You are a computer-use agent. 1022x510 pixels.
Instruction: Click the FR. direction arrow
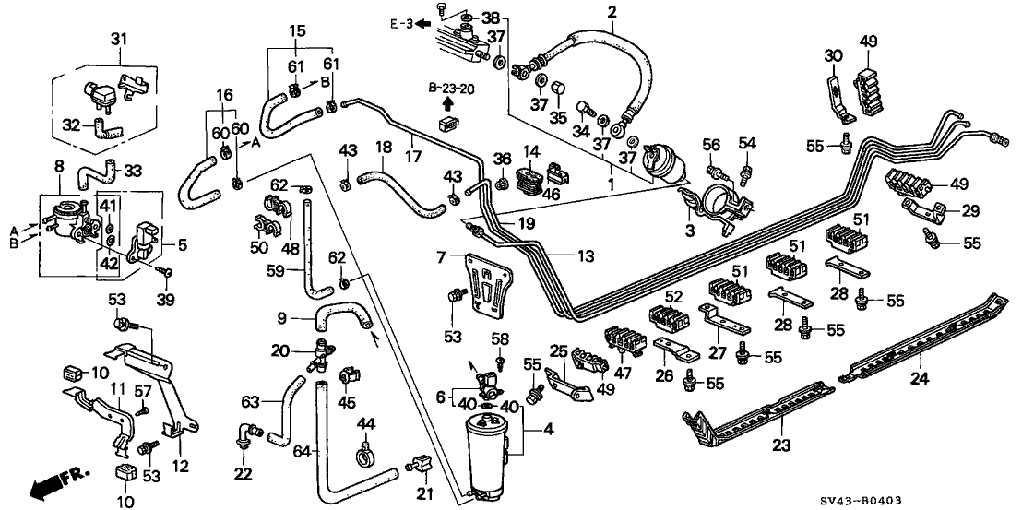55,480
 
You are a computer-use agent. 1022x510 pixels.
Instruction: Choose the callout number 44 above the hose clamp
366,422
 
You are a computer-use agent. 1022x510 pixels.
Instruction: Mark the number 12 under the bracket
180,468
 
